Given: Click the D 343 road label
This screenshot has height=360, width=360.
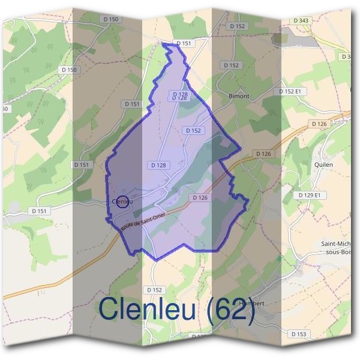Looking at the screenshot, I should coord(301,21).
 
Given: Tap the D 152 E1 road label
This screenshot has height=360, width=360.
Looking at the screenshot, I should coord(293,91).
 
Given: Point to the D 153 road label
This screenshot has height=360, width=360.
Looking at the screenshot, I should coord(298,334).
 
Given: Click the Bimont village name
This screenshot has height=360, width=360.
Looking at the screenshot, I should coord(239,96).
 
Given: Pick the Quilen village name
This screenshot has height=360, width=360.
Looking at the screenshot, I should coord(323,163).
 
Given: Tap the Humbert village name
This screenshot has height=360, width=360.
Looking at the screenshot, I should coord(251,304).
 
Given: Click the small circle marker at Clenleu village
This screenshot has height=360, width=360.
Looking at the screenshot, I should coord(122,202).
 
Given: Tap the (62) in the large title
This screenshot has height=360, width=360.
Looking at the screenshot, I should coord(229,310).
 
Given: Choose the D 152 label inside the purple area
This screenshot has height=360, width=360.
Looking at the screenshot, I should coord(193,130).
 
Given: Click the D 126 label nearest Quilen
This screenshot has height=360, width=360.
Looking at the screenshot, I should coord(319,124).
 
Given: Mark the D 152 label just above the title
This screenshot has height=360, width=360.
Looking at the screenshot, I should coord(154,290).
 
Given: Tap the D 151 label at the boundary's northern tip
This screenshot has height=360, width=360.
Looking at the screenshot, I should coord(183,43).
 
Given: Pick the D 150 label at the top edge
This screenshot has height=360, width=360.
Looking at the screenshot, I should coord(111,20).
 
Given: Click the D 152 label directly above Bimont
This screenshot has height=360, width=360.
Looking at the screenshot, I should coord(230,65).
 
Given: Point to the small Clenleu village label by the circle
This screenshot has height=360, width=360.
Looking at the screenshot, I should coord(122,202).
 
